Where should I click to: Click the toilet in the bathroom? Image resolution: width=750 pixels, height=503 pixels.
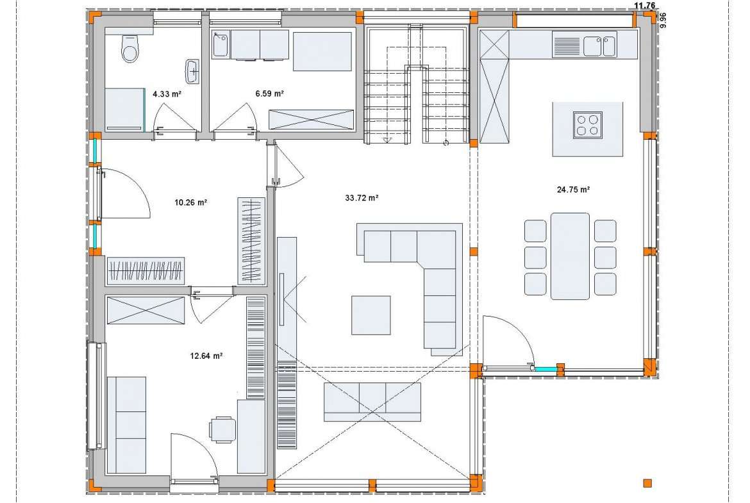click(130, 48)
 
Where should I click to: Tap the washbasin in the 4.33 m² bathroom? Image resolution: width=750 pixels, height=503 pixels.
click(192, 72)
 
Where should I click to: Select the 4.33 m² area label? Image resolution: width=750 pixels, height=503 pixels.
click(167, 94)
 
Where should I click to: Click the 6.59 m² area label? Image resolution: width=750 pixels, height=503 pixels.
click(269, 94)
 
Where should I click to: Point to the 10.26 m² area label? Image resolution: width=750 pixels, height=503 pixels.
click(190, 202)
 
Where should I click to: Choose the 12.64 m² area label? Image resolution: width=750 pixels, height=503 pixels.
click(206, 356)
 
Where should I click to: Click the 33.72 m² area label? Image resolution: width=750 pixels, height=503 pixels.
click(362, 197)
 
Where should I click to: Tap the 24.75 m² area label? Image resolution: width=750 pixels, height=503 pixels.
click(573, 189)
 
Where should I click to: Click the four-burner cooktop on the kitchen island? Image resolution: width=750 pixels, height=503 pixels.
click(587, 126)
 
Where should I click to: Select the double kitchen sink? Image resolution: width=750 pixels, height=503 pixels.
click(599, 46)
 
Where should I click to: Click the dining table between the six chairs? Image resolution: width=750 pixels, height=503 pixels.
click(570, 256)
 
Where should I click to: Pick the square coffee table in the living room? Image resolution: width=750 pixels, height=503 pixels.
click(371, 315)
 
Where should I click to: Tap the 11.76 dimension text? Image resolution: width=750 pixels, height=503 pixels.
click(644, 6)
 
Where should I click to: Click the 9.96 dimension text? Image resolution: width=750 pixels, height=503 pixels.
click(662, 21)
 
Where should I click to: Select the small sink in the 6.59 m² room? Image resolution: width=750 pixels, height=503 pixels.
click(221, 44)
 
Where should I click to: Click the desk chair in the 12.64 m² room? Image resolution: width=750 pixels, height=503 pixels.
click(222, 429)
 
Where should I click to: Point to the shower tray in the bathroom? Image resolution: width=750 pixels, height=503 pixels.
click(124, 109)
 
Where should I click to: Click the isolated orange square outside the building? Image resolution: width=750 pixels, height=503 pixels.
click(647, 483)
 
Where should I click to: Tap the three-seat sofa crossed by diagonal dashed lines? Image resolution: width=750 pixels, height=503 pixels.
click(372, 402)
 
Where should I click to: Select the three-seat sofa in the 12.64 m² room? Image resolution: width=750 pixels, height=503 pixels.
click(126, 425)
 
